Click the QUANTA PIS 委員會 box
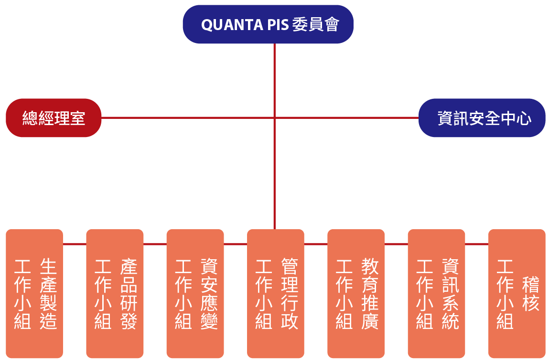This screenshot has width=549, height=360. [x=268, y=24]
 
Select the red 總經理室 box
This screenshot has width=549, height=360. [x=54, y=118]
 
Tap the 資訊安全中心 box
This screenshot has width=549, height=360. [x=482, y=118]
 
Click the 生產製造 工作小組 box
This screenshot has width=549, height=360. [x=34, y=294]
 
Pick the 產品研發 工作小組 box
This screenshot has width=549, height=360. [x=115, y=294]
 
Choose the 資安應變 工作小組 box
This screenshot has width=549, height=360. [x=195, y=294]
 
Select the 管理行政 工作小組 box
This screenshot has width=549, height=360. [x=276, y=294]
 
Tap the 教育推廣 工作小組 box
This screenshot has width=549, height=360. [x=356, y=294]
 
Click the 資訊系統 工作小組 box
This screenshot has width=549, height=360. [x=436, y=294]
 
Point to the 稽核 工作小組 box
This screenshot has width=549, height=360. [x=517, y=294]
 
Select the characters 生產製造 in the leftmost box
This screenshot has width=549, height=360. [x=49, y=294]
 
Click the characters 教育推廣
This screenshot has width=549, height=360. [x=370, y=294]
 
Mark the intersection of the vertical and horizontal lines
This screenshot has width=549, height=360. [x=275, y=117]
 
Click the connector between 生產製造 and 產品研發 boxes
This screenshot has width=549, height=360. [x=75, y=244]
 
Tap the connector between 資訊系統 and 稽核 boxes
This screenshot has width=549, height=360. [x=476, y=244]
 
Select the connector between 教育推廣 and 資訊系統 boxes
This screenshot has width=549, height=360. [x=396, y=244]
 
